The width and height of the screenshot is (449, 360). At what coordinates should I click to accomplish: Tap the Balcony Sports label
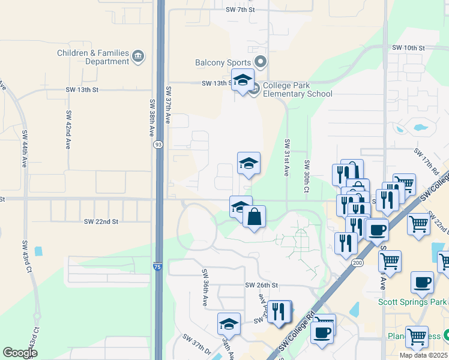pyautogui.click(x=223, y=62)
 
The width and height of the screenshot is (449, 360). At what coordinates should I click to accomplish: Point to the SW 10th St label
pyautogui.click(x=408, y=47)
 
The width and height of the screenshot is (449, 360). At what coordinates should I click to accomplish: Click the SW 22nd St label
pyautogui.click(x=101, y=221)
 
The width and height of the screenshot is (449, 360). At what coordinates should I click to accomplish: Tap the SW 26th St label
pyautogui.click(x=262, y=285)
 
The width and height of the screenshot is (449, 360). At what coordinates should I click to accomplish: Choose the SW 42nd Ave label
pyautogui.click(x=68, y=130)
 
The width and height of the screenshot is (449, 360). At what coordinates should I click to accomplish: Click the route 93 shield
pyautogui.click(x=157, y=145)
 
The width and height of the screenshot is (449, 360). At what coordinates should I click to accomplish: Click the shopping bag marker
pyautogui.click(x=255, y=216)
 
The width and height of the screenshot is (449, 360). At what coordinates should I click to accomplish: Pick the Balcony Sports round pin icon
pyautogui.click(x=261, y=62)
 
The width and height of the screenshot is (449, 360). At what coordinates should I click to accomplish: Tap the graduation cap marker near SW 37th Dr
pyautogui.click(x=229, y=324)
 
